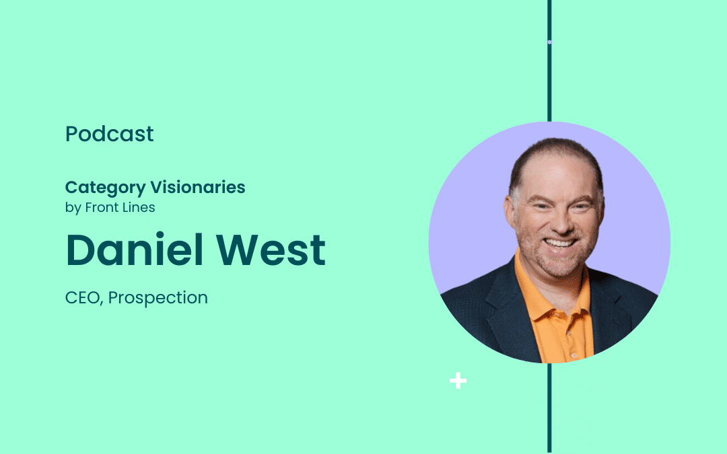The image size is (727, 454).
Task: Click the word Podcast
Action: [x=110, y=134]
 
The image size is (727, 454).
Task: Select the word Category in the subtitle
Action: [x=105, y=188]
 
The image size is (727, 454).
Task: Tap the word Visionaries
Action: [x=198, y=187]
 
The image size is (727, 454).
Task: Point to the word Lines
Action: [x=138, y=207]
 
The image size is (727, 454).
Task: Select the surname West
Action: [x=271, y=250]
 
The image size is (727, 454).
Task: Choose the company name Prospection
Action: [x=158, y=298]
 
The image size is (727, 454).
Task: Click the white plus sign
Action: [x=458, y=381]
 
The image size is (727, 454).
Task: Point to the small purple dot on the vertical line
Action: [x=549, y=42]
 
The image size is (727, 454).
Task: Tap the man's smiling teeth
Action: [x=560, y=243]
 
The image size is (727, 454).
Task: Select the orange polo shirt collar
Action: [x=552, y=297]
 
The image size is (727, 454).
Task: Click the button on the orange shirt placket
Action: [x=574, y=355]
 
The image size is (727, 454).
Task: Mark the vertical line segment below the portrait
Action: [x=549, y=408]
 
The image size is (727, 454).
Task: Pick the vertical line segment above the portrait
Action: [x=549, y=61]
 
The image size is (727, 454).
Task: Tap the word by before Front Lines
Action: [x=73, y=208]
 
